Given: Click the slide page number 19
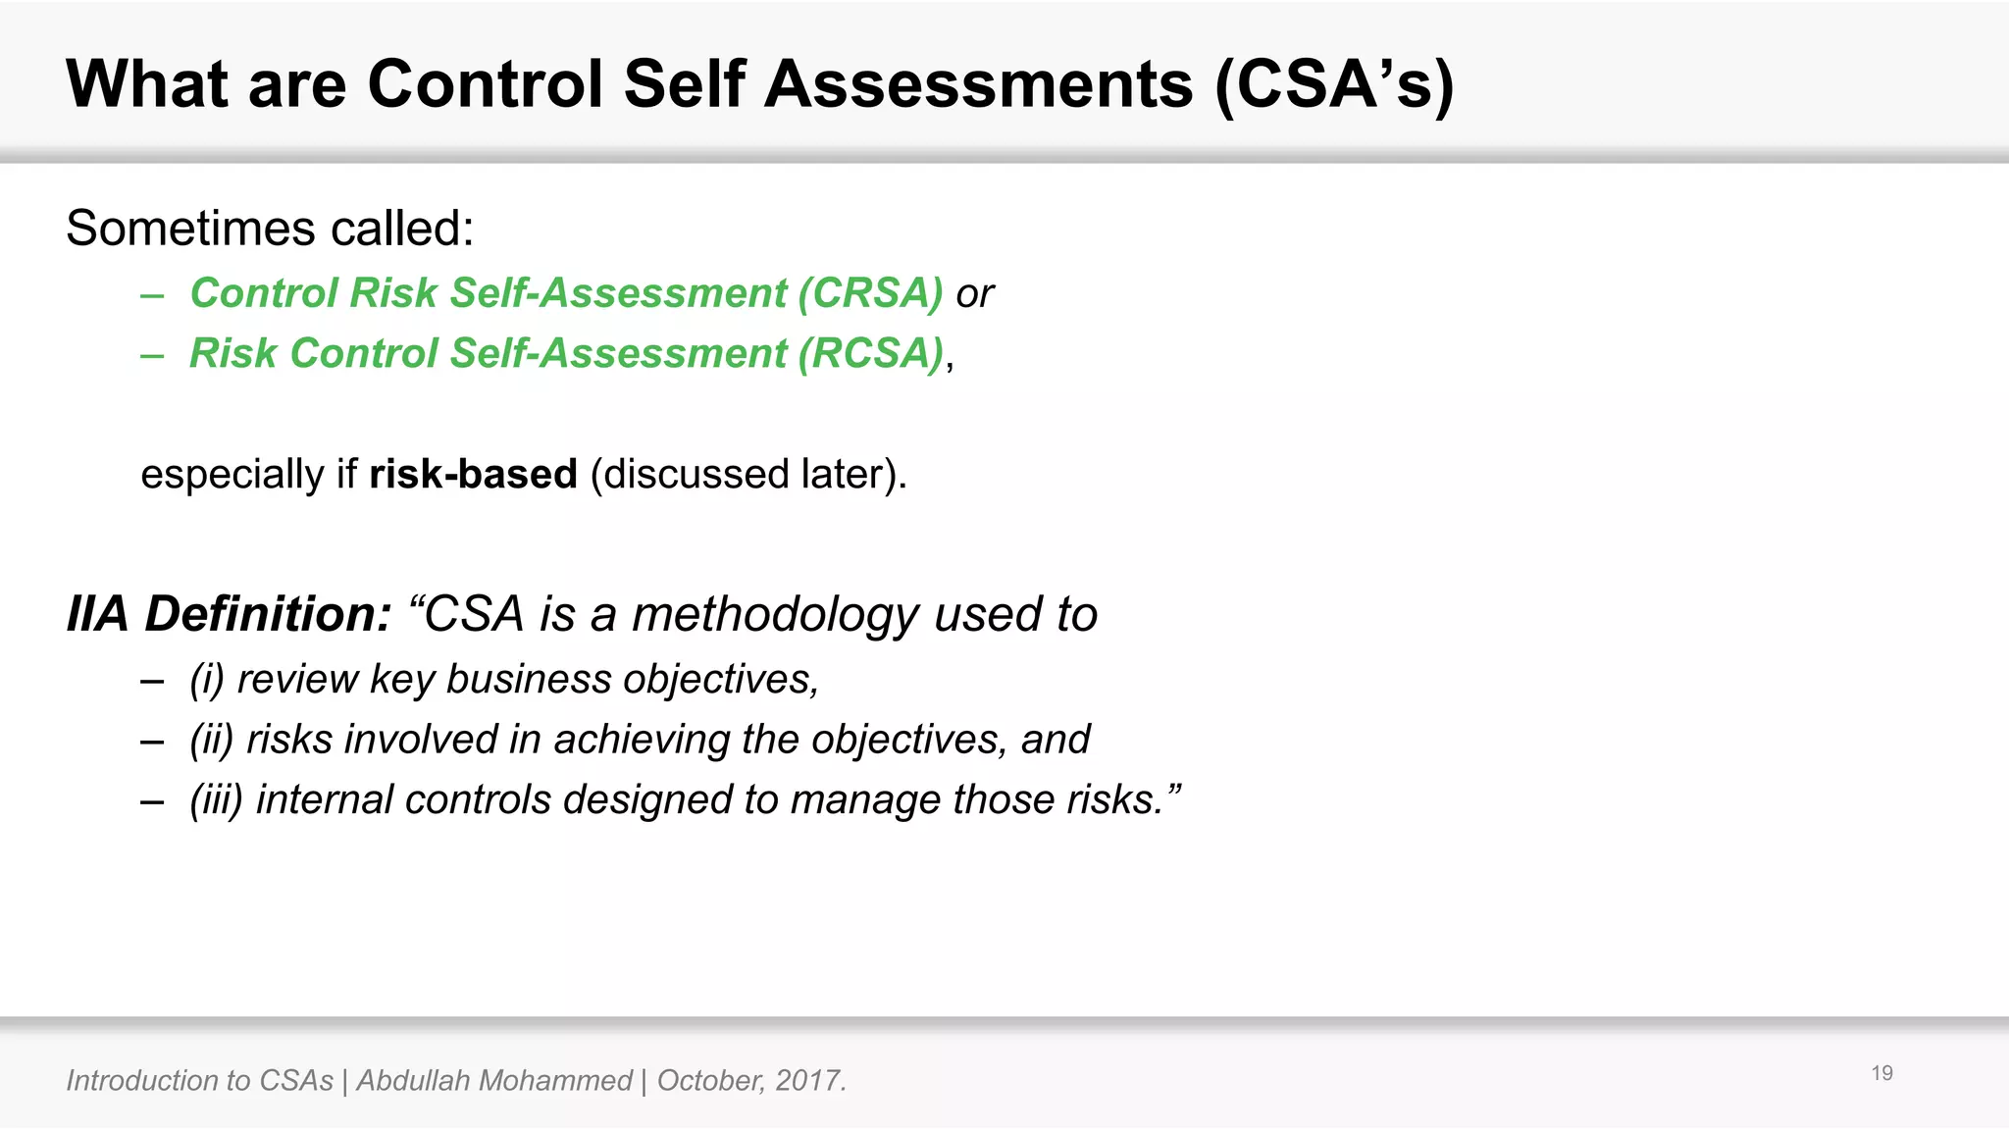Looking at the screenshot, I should click(1881, 1073).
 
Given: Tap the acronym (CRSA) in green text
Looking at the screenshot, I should click(870, 293).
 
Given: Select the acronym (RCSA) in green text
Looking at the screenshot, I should click(870, 354).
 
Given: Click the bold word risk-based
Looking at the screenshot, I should click(473, 475).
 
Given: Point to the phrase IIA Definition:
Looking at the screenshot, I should click(229, 615).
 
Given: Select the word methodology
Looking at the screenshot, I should click(775, 615).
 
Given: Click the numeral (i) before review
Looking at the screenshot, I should click(207, 680).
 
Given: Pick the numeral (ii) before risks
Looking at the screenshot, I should click(212, 740).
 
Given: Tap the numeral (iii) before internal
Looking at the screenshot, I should click(216, 799).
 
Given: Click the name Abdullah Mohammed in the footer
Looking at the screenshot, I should click(493, 1081).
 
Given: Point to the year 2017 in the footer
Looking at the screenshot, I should click(808, 1081).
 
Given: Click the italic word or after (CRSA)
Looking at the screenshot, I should click(974, 294).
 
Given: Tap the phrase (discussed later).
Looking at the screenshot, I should click(748, 475).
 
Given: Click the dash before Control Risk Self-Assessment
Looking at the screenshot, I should click(152, 294).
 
